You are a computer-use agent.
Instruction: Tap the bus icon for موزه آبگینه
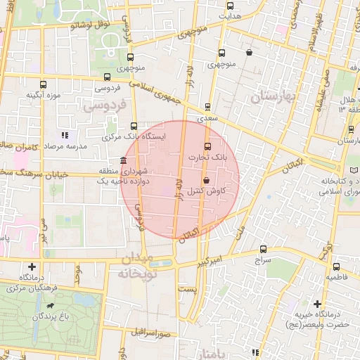click(x=44, y=84)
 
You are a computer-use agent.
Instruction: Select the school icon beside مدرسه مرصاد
click(x=64, y=134)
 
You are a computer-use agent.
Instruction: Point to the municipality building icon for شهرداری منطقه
click(x=124, y=160)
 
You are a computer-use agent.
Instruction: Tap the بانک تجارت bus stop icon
click(x=207, y=147)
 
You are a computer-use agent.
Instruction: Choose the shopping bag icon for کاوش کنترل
click(x=205, y=181)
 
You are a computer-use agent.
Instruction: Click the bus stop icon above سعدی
click(x=207, y=107)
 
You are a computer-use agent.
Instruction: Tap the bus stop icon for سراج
click(x=264, y=248)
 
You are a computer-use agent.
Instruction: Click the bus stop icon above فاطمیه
click(x=336, y=266)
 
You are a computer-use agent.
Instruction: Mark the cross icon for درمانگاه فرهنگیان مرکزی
click(x=32, y=267)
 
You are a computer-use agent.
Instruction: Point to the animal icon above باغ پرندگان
click(x=51, y=307)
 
